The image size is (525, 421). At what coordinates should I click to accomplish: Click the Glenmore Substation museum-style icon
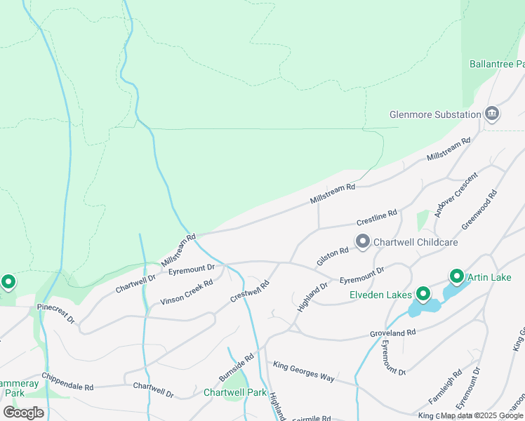click(492, 114)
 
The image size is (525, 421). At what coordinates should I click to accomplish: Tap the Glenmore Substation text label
click(435, 114)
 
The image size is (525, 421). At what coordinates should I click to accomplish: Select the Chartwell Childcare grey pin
click(363, 241)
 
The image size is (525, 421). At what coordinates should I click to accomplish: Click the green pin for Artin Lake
click(456, 277)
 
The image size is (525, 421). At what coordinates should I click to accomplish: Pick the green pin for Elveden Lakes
click(423, 294)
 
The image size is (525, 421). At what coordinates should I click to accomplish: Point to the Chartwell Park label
click(235, 392)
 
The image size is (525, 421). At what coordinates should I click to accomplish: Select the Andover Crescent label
click(456, 194)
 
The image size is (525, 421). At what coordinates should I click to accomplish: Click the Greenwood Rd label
click(479, 209)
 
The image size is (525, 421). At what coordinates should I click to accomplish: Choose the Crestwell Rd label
click(251, 291)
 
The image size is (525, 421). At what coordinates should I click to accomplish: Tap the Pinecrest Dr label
click(55, 314)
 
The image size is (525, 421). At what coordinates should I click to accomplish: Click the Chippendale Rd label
click(67, 382)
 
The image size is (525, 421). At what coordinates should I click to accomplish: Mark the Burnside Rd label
click(236, 368)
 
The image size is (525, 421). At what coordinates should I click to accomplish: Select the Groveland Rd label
click(393, 333)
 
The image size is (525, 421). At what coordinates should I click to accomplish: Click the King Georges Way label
click(304, 372)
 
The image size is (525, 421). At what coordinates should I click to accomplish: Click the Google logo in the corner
click(23, 412)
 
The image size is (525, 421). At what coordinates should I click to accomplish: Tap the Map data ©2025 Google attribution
click(482, 415)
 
